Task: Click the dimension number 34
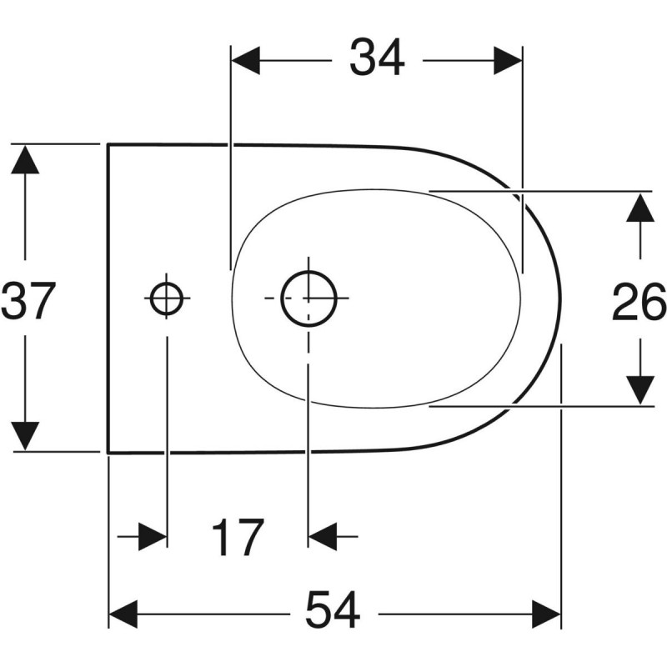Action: click(377, 59)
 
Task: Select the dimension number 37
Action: click(28, 300)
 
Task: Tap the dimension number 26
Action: click(639, 301)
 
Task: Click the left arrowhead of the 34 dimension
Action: click(246, 60)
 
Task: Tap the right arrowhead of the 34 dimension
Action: click(507, 60)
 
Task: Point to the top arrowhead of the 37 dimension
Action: click(26, 158)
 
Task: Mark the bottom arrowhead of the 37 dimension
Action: click(26, 436)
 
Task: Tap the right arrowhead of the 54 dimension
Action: click(545, 616)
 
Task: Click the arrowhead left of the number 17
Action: click(152, 536)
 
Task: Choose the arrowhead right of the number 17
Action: click(323, 536)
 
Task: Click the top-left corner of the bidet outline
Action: click(108, 144)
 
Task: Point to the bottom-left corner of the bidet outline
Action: click(108, 453)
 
